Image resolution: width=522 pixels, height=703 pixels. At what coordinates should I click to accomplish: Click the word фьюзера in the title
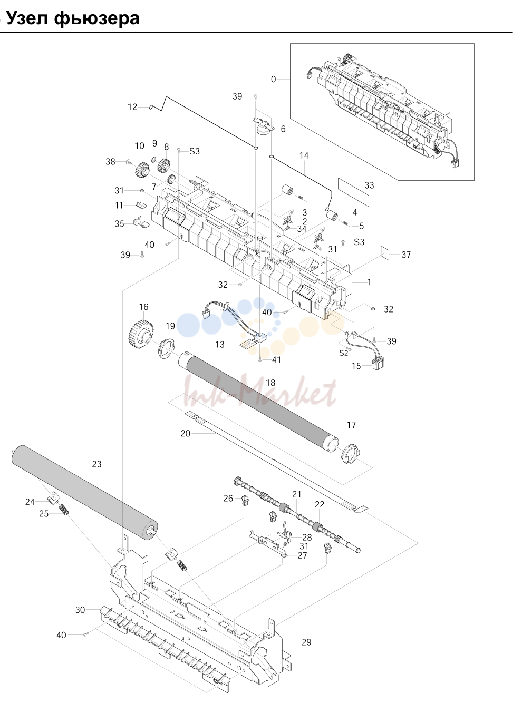pyautogui.click(x=96, y=18)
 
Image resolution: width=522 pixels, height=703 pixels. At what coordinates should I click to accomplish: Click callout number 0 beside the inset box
pyautogui.click(x=273, y=79)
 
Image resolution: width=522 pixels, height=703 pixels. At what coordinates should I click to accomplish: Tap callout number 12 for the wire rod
pyautogui.click(x=132, y=107)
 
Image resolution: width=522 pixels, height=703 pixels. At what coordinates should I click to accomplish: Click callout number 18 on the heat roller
pyautogui.click(x=270, y=383)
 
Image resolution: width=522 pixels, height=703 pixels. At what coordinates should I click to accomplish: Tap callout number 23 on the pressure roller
pyautogui.click(x=96, y=464)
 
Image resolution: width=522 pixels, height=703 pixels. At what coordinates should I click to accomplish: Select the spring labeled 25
pyautogui.click(x=64, y=510)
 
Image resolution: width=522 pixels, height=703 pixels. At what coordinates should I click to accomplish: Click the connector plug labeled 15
pyautogui.click(x=379, y=363)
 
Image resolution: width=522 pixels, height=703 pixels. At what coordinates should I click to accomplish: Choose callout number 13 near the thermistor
pyautogui.click(x=220, y=344)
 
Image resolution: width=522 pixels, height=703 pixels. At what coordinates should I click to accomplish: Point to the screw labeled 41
pyautogui.click(x=260, y=359)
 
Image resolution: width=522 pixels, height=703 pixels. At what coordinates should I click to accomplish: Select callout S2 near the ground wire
pyautogui.click(x=343, y=353)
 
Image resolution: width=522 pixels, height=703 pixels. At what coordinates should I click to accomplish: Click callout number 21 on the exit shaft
pyautogui.click(x=296, y=494)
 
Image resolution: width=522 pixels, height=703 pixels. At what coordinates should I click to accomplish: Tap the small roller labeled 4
pyautogui.click(x=332, y=217)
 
